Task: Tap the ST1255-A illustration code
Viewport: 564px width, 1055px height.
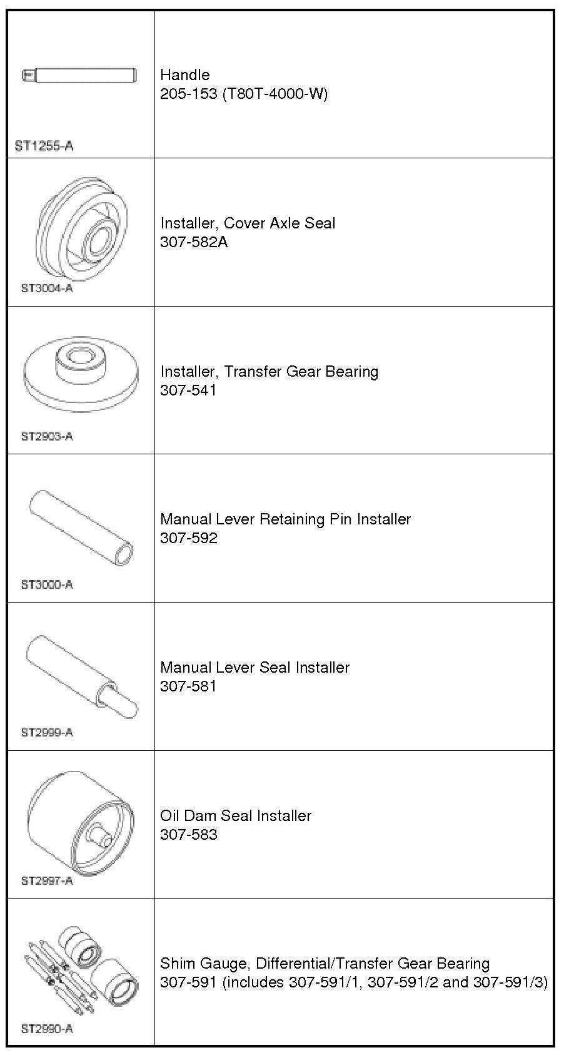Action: click(x=44, y=146)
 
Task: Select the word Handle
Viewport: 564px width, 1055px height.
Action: click(x=184, y=75)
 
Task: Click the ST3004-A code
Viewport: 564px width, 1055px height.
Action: click(x=47, y=288)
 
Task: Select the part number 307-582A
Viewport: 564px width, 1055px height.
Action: click(x=194, y=242)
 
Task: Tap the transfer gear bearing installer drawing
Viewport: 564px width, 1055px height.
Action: click(x=81, y=374)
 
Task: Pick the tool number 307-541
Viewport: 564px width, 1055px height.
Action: click(x=188, y=390)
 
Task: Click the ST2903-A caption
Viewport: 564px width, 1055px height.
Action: click(x=47, y=437)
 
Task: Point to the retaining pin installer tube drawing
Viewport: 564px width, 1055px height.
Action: click(x=81, y=527)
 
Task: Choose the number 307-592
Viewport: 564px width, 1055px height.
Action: click(x=188, y=538)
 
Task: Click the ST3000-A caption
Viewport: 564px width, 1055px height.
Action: click(x=47, y=584)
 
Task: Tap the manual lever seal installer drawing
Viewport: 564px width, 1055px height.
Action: click(x=81, y=676)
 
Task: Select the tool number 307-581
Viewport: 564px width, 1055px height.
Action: click(x=188, y=686)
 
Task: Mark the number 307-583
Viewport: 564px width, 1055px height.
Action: click(x=188, y=835)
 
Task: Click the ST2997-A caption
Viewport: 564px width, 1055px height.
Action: click(x=47, y=880)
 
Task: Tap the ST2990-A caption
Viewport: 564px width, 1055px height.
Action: click(x=47, y=1029)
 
